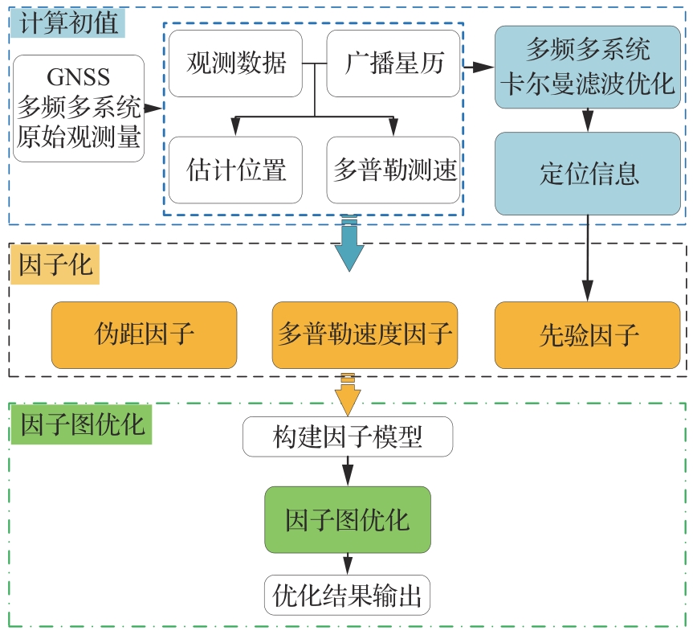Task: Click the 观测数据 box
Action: click(235, 63)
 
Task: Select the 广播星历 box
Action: click(393, 63)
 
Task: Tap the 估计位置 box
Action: click(235, 170)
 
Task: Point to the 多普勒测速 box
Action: click(393, 170)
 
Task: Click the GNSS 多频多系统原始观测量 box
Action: click(79, 108)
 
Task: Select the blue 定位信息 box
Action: click(587, 174)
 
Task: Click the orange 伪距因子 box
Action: click(144, 334)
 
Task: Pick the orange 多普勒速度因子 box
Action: click(365, 334)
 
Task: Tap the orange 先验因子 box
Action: click(587, 334)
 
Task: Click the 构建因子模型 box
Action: click(348, 437)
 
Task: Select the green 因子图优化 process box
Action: click(348, 519)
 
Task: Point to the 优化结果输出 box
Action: click(348, 596)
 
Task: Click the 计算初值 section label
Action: click(67, 22)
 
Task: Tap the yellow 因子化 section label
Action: click(55, 266)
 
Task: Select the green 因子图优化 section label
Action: click(81, 424)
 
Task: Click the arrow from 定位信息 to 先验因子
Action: click(587, 257)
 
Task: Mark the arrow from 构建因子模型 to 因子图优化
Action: click(348, 470)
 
